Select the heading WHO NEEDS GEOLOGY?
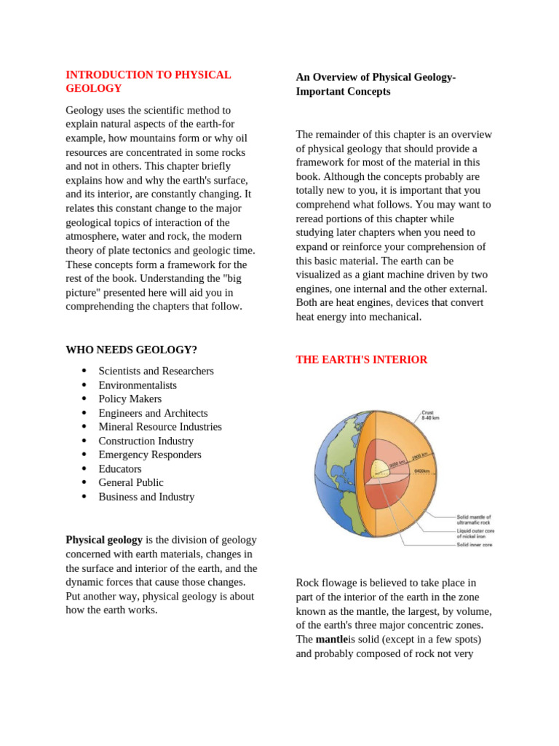(x=131, y=350)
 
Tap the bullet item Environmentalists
(x=138, y=385)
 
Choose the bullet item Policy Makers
(x=130, y=398)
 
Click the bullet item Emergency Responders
(x=150, y=455)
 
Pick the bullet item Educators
(x=120, y=468)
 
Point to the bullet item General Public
(x=131, y=482)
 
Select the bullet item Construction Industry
(x=146, y=441)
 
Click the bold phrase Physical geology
(x=104, y=540)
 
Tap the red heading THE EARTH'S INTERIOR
(x=362, y=360)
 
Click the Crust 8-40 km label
(x=431, y=415)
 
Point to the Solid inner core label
(x=475, y=544)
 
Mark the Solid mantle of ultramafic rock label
(x=474, y=519)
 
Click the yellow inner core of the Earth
(x=380, y=468)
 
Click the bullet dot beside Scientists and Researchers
(x=84, y=372)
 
